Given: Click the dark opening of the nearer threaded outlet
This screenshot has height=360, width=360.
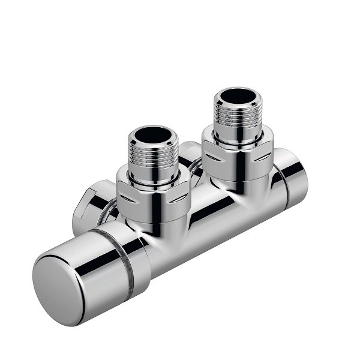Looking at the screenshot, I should [153, 134].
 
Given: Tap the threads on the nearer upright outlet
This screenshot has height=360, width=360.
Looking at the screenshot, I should [154, 162].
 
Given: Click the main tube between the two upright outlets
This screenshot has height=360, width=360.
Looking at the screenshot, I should [204, 207].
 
